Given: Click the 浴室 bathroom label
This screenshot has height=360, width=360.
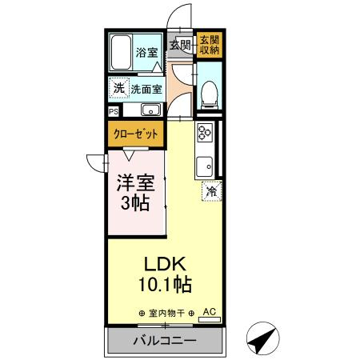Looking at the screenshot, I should [146, 54].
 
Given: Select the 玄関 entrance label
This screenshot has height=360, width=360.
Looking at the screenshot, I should [179, 45].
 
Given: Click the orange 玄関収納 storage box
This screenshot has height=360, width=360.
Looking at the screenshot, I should [209, 45].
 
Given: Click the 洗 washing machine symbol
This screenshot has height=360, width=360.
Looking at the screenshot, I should [118, 88].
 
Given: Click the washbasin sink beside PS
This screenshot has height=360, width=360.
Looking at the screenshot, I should [150, 111].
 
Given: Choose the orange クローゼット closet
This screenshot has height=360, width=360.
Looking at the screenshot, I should [134, 134].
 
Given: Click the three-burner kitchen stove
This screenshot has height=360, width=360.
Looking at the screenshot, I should [203, 132].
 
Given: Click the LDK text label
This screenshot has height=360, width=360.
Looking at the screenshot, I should [165, 263].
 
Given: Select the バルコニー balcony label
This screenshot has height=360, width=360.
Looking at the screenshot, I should [164, 342].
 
